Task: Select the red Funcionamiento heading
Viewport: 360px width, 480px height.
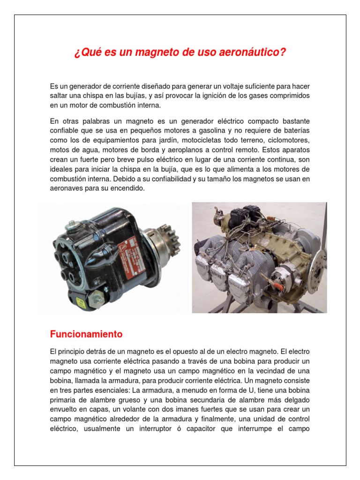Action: pos(86,334)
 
